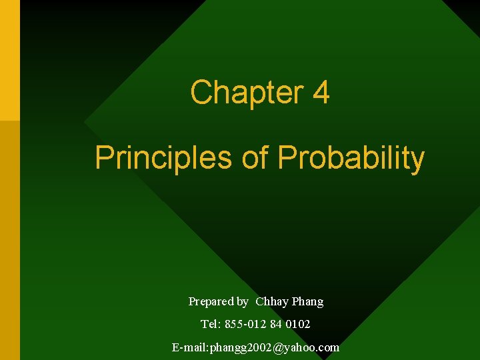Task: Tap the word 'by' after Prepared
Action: [x=242, y=302]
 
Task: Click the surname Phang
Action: [x=307, y=302]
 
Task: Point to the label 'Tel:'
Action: [x=212, y=325]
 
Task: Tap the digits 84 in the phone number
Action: [x=276, y=325]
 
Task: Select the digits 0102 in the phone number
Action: [x=299, y=325]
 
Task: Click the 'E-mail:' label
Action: [x=191, y=347]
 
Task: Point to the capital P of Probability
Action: [x=286, y=158]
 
